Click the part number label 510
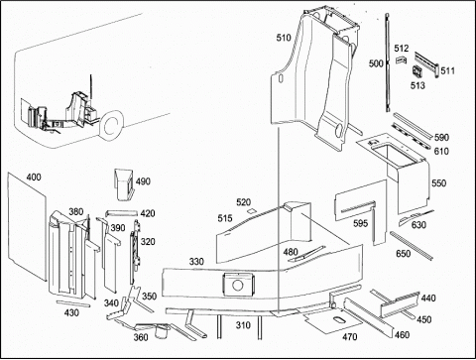pyautogui.click(x=284, y=38)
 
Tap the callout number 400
pyautogui.click(x=34, y=178)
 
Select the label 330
pyautogui.click(x=196, y=262)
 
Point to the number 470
pyautogui.click(x=350, y=337)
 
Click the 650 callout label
pyautogui.click(x=404, y=254)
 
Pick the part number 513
pyautogui.click(x=417, y=85)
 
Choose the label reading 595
pyautogui.click(x=360, y=223)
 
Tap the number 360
pyautogui.click(x=141, y=337)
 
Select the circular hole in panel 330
pyautogui.click(x=237, y=285)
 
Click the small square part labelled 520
pyautogui.click(x=251, y=211)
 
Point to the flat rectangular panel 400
pyautogui.click(x=27, y=226)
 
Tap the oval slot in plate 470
pyautogui.click(x=339, y=319)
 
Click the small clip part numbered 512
pyautogui.click(x=401, y=60)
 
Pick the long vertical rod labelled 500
pyautogui.click(x=388, y=62)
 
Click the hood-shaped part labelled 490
pyautogui.click(x=124, y=184)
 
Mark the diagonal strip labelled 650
pyautogui.click(x=412, y=245)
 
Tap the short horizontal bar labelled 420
pyautogui.click(x=121, y=213)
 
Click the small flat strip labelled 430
pyautogui.click(x=73, y=303)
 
